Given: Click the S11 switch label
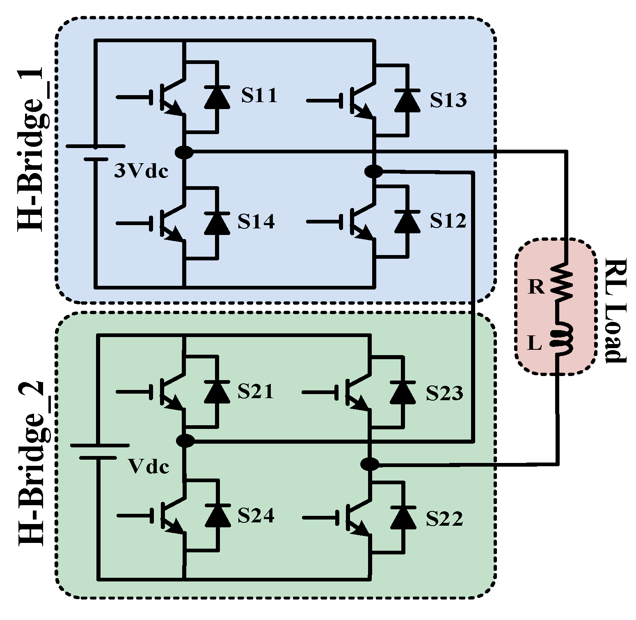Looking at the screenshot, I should (259, 95).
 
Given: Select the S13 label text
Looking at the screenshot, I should (448, 100).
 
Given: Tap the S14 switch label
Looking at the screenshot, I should (256, 221).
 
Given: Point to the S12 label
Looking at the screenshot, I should (448, 221).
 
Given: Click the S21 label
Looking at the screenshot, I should (255, 392).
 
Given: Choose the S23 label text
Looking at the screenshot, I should (444, 393).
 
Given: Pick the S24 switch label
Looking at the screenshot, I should (256, 516).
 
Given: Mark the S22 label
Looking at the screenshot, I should (444, 519).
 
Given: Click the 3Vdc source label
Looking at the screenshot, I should (141, 172).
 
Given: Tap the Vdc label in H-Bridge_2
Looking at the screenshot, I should (149, 467).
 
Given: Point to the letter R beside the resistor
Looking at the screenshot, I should (536, 287).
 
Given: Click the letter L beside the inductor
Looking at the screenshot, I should (534, 344).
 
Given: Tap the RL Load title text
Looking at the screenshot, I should (615, 310).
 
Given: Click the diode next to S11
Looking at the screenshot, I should (217, 97).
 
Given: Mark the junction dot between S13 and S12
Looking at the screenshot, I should (373, 171).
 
